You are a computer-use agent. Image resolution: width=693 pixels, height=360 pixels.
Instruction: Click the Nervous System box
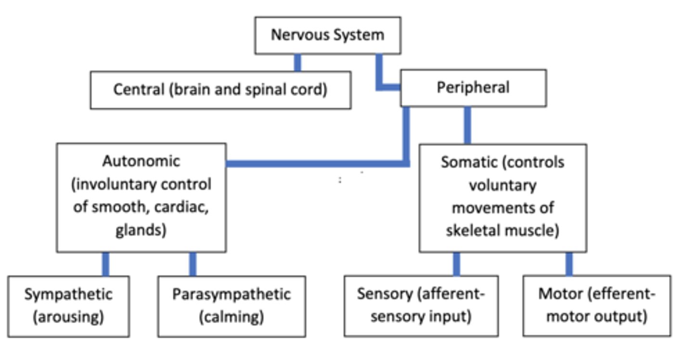pos(327,35)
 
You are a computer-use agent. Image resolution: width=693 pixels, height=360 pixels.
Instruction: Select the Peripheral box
pos(473,88)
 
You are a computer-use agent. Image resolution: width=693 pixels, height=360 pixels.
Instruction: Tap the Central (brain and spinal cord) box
pos(220,90)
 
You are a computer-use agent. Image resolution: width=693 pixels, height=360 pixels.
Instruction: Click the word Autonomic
pos(141,161)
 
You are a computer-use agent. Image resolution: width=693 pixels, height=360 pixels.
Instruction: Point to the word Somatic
pos(469,162)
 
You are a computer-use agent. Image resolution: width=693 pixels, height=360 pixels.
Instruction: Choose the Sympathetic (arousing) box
pos(68,306)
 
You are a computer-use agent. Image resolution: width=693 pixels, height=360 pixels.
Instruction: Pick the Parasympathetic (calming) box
pos(231,306)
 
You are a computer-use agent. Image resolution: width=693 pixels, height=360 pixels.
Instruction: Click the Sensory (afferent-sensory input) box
pos(421,306)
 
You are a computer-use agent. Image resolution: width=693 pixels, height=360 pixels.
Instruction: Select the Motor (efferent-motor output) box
pos(596,306)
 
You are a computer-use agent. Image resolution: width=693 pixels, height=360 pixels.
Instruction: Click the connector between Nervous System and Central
pos(297,63)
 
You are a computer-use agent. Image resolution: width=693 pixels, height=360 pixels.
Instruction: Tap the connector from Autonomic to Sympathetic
pos(105,264)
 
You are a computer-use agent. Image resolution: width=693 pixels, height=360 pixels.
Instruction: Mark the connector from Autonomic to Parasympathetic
pos(192,264)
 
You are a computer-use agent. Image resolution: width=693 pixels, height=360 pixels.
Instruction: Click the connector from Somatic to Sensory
pos(456,264)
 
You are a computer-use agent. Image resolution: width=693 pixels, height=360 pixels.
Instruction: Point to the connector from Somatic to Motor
pos(569,264)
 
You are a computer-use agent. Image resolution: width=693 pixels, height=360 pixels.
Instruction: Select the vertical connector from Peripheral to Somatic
pos(467,125)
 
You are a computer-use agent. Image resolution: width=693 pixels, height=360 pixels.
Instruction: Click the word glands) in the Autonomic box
pos(141,231)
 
